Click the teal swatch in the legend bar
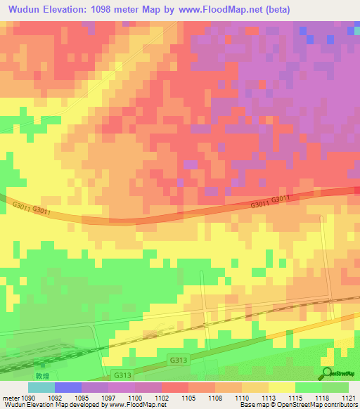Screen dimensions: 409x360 pos(41,387)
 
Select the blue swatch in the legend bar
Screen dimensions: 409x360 pos(68,387)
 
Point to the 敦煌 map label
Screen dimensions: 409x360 pos(44,366)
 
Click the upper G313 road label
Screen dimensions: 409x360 pos(178,360)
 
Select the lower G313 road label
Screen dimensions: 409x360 pos(121,376)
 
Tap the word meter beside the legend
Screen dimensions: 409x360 pos(9,397)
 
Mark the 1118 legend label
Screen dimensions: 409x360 pos(321,397)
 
